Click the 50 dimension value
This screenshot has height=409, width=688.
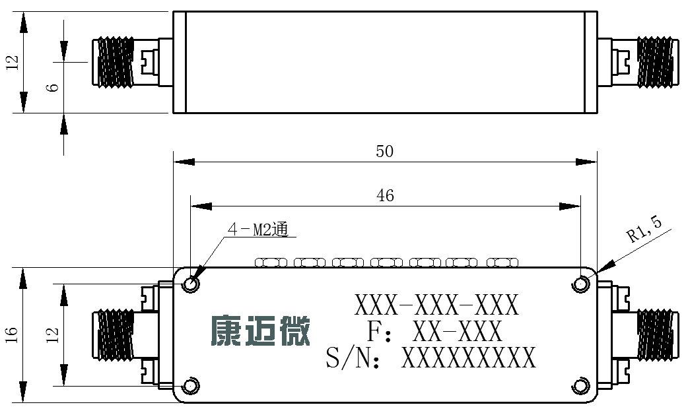click(x=384, y=151)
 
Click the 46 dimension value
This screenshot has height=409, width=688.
click(x=385, y=195)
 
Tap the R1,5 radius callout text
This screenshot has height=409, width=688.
click(x=644, y=229)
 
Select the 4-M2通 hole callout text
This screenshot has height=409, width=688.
click(x=258, y=230)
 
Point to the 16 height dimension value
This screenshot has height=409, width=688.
click(x=12, y=335)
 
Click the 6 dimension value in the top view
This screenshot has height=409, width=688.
click(x=52, y=87)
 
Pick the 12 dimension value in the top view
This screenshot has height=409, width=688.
click(x=13, y=62)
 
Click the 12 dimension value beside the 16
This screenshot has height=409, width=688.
click(x=52, y=335)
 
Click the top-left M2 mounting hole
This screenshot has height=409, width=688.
click(x=191, y=284)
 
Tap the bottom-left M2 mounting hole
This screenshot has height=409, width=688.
click(x=191, y=386)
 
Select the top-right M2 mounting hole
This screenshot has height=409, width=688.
click(x=580, y=284)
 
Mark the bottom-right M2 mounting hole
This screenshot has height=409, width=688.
click(x=580, y=386)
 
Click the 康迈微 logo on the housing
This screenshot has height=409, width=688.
click(x=261, y=330)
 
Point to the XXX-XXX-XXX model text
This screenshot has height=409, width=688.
click(x=436, y=305)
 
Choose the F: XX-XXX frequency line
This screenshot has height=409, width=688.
click(x=434, y=331)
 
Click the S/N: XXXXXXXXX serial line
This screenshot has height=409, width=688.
click(x=431, y=358)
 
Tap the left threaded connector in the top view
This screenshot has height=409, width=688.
click(x=114, y=62)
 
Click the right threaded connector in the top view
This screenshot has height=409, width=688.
click(x=656, y=62)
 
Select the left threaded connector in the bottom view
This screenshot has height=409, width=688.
click(x=114, y=335)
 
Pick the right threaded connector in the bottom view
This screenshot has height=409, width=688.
click(x=656, y=335)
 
